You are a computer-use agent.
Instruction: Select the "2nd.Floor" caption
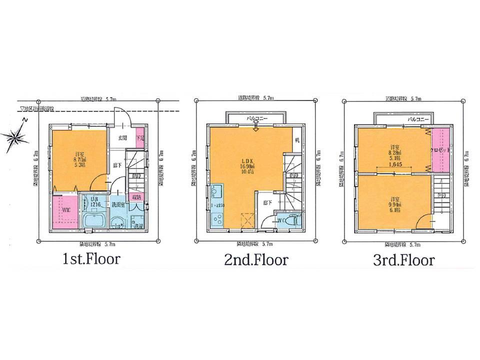tap(257, 260)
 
